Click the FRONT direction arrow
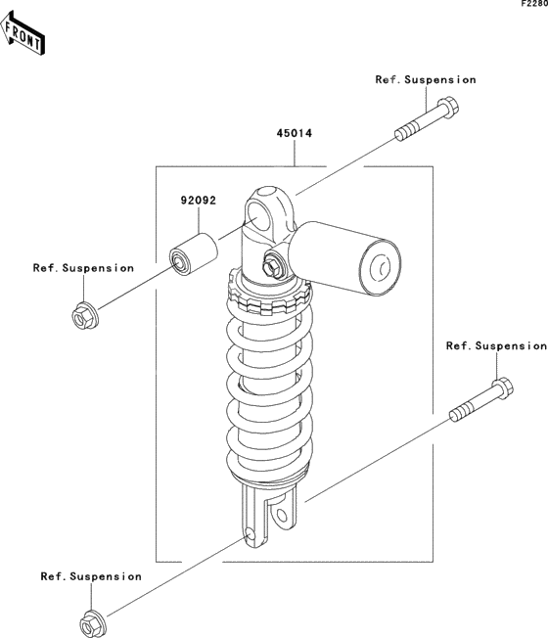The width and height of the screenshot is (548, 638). tap(23, 34)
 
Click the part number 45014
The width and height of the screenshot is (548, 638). tap(295, 133)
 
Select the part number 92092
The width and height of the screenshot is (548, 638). tap(199, 201)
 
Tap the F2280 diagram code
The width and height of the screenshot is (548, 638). tap(534, 4)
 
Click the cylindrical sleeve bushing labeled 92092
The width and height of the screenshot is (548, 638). tap(193, 253)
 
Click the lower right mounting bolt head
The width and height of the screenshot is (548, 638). tap(502, 388)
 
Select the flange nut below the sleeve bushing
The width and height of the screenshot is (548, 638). tap(85, 316)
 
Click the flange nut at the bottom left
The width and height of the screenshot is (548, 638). tap(93, 624)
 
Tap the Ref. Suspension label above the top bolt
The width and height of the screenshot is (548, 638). tap(426, 80)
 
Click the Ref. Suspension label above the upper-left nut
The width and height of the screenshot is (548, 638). tap(83, 268)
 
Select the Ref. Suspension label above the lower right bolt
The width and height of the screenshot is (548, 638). tap(496, 345)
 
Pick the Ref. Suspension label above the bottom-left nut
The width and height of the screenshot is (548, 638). tap(91, 576)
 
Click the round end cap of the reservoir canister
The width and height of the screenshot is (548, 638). tap(381, 267)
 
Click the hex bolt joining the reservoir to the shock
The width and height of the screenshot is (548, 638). tap(271, 266)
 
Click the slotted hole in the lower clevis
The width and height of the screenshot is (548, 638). tap(283, 517)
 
